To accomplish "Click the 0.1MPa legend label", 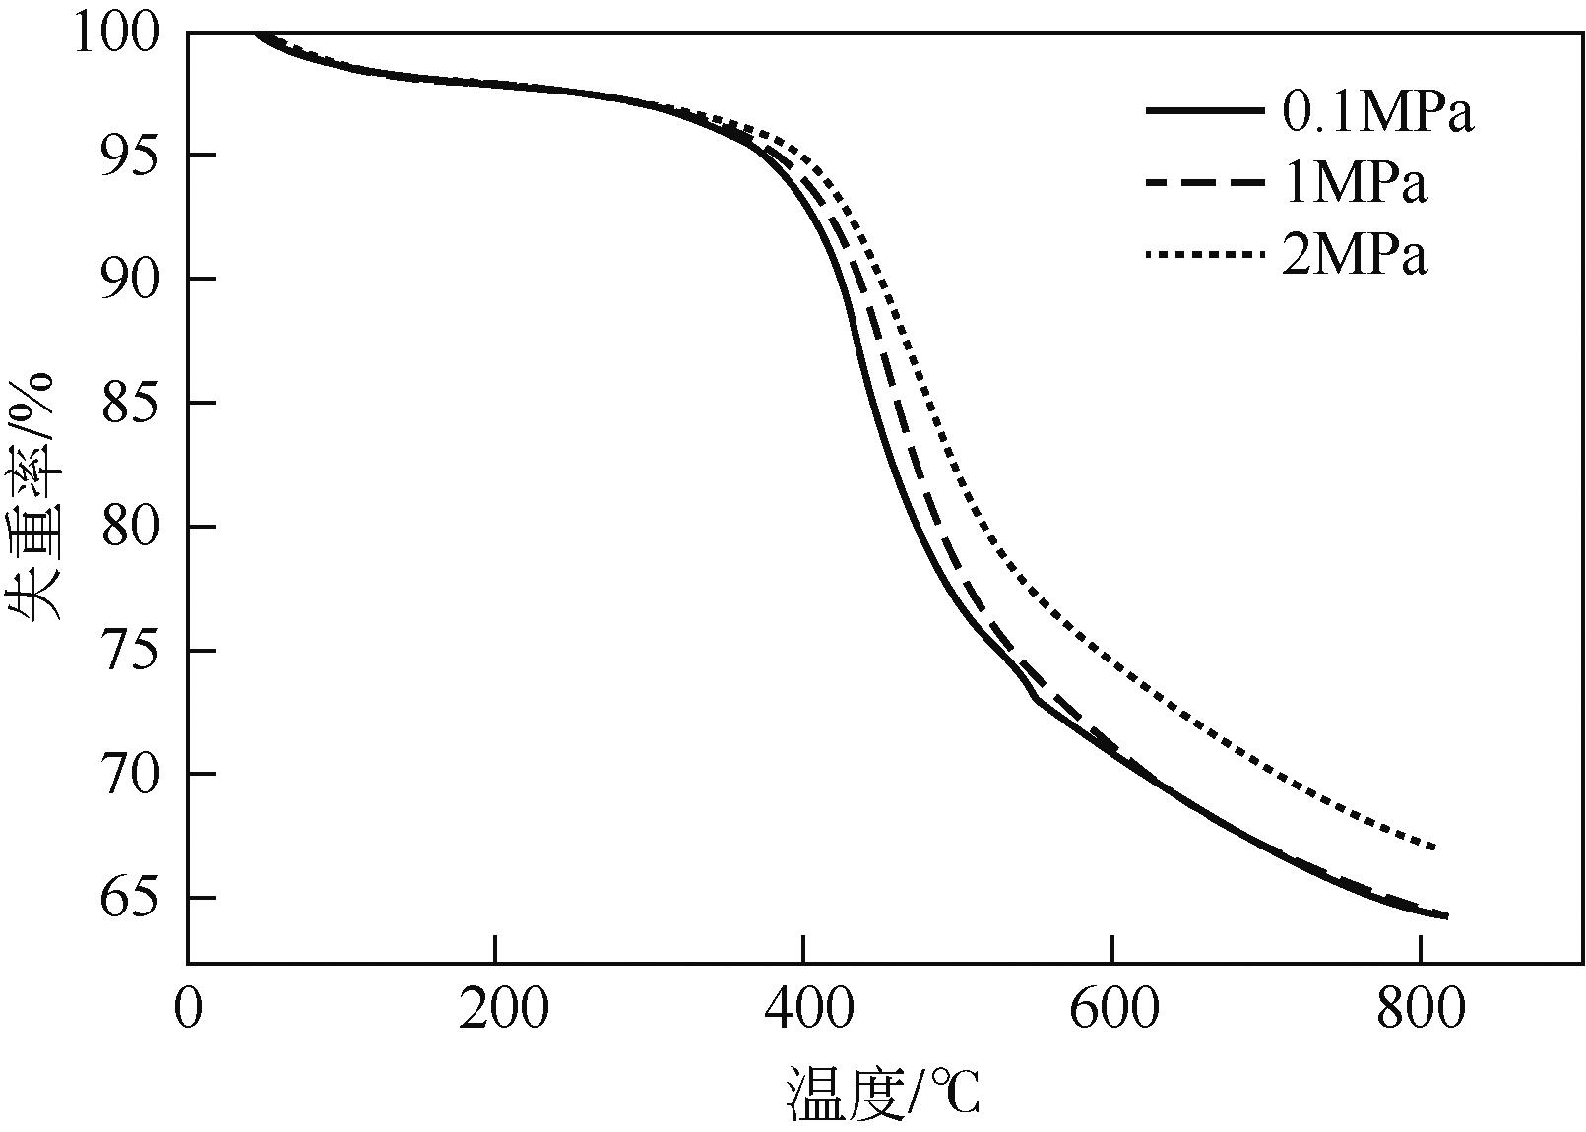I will point(1376,113).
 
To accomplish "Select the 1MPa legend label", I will point(1354,184).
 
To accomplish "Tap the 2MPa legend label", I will point(1354,256).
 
